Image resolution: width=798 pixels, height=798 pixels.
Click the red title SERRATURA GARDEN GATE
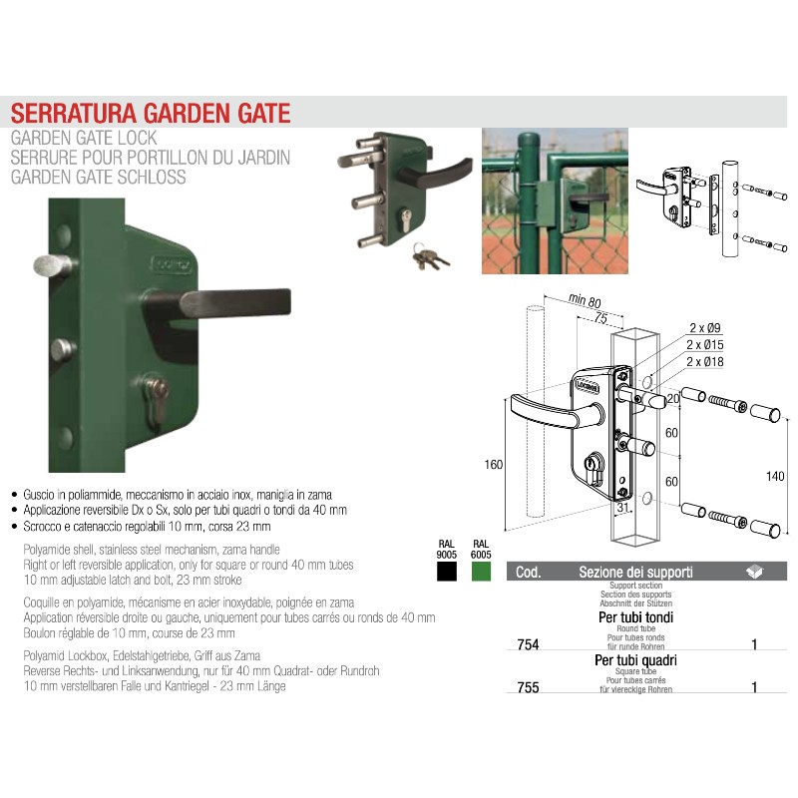click(151, 113)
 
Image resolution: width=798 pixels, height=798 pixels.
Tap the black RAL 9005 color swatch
click(446, 571)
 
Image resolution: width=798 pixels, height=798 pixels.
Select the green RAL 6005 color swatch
click(481, 571)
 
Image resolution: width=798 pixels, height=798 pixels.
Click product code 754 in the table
click(528, 644)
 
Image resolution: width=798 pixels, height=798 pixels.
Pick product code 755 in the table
click(528, 687)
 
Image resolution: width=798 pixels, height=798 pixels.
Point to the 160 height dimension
click(493, 464)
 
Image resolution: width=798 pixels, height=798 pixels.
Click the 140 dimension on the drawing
click(775, 476)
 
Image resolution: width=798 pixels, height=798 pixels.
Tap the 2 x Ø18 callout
click(705, 361)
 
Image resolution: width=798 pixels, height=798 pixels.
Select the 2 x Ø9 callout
click(705, 328)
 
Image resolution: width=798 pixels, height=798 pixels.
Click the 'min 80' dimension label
click(585, 300)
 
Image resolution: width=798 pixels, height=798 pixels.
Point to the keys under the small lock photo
click(430, 256)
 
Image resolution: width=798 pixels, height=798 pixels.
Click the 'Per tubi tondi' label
click(635, 617)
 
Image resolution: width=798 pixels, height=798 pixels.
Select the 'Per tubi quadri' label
click(635, 660)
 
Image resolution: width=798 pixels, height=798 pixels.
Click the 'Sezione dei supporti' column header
click(635, 572)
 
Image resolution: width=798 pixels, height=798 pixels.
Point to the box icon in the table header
click(754, 571)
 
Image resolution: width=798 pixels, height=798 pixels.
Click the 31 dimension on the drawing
click(623, 507)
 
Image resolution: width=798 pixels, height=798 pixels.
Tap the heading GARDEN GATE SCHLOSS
click(98, 178)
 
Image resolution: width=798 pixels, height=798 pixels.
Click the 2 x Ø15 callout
click(705, 344)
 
